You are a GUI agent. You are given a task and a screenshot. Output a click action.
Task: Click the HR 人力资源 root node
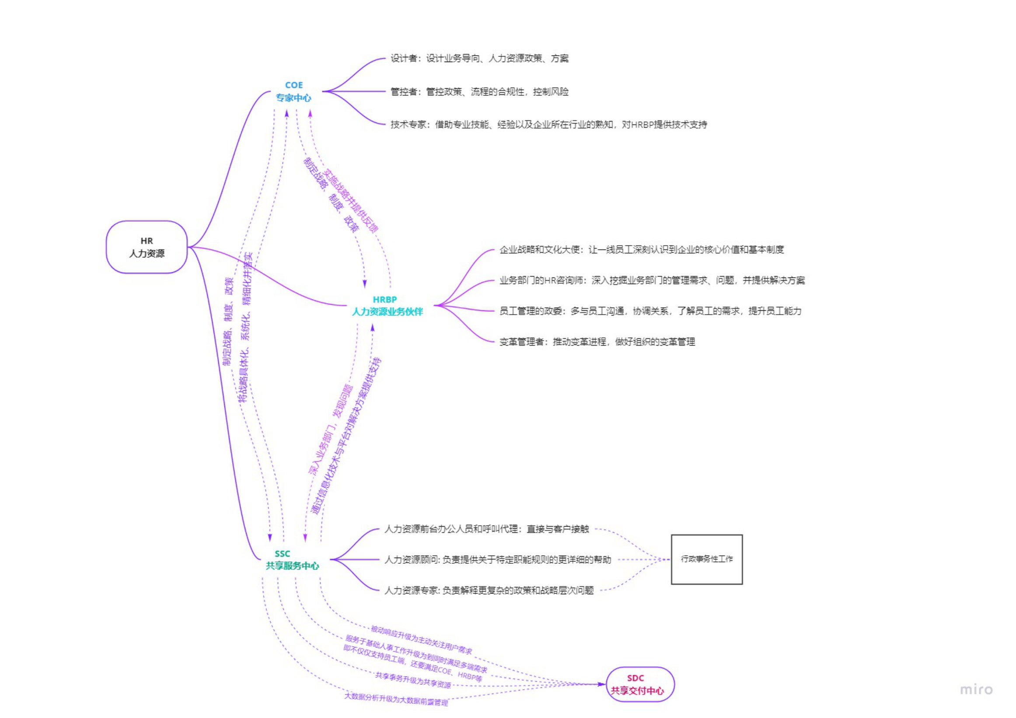[147, 247]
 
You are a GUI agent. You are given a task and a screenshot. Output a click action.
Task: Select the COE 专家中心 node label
[293, 91]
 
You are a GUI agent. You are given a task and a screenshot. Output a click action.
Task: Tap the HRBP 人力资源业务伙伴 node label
[387, 305]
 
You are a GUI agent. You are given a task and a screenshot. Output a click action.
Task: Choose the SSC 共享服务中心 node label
[292, 560]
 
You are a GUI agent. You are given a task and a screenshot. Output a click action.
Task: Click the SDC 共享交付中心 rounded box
[639, 684]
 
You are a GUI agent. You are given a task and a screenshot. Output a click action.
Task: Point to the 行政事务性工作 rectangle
[706, 559]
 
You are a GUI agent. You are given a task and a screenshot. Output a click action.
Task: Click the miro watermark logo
[976, 690]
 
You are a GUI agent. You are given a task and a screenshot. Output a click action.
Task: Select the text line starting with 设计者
[479, 59]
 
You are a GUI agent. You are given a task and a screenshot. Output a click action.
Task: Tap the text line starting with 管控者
[479, 92]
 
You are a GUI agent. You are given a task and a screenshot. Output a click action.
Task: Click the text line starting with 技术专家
[548, 125]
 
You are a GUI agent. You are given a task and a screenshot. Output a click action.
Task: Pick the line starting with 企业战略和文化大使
[641, 250]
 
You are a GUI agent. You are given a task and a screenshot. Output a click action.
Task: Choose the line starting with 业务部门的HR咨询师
[652, 280]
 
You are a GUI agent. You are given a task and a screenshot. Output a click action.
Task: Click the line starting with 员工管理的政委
[650, 311]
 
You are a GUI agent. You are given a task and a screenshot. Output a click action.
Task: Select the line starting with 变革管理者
[597, 342]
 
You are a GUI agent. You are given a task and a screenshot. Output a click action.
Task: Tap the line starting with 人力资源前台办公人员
[486, 529]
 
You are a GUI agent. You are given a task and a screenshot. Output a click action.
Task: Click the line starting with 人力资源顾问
[497, 560]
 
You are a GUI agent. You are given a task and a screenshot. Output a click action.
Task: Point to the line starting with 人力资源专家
[489, 591]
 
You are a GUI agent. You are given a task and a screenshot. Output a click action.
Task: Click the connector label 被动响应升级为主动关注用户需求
[421, 640]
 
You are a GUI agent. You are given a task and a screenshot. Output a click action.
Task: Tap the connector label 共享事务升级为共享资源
[413, 681]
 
